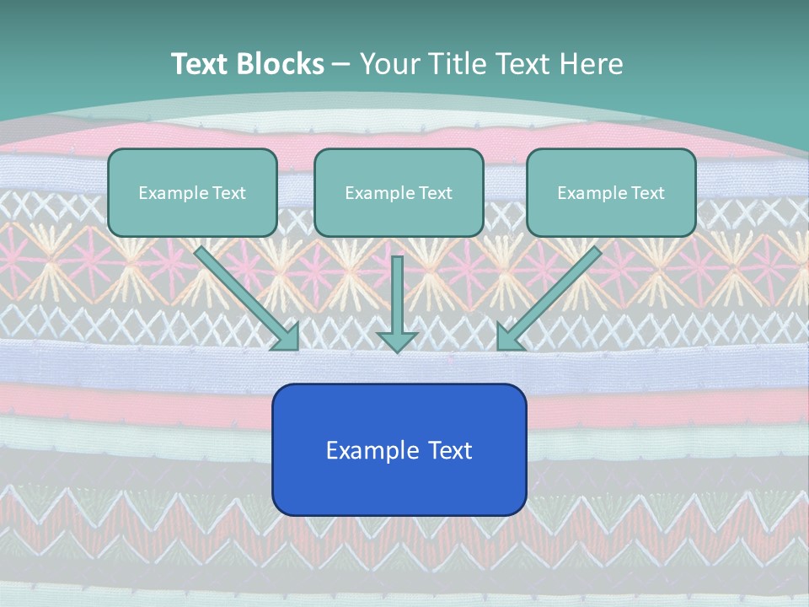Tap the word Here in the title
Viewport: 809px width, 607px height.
[592, 64]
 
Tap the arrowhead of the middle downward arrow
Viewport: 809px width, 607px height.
[397, 341]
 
